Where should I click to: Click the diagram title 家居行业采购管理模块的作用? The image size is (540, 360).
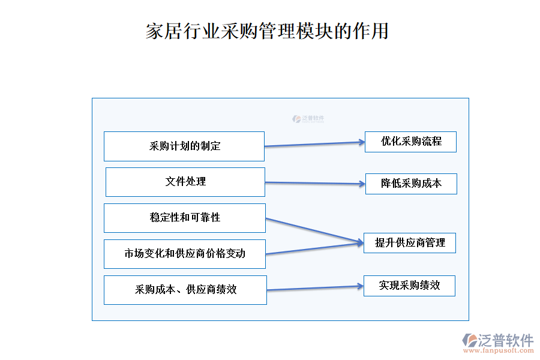pyautogui.click(x=267, y=31)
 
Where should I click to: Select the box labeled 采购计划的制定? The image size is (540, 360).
pyautogui.click(x=184, y=146)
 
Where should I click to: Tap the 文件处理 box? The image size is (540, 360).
pyautogui.click(x=185, y=182)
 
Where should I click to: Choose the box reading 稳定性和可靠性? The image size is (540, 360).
pyautogui.click(x=185, y=218)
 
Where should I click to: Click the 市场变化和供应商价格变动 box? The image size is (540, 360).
pyautogui.click(x=185, y=254)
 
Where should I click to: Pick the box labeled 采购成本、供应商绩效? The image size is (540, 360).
pyautogui.click(x=185, y=290)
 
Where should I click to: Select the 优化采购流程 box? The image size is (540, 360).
pyautogui.click(x=410, y=142)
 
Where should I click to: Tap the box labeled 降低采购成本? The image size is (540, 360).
pyautogui.click(x=411, y=184)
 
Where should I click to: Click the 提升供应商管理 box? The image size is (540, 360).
pyautogui.click(x=410, y=243)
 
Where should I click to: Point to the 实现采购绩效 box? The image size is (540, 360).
pyautogui.click(x=409, y=286)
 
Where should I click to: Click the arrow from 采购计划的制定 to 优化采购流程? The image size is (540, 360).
pyautogui.click(x=314, y=144)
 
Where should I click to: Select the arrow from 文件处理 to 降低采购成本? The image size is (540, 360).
pyautogui.click(x=315, y=183)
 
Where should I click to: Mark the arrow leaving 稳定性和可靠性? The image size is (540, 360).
pyautogui.click(x=314, y=230)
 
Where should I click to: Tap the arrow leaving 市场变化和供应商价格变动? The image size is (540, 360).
pyautogui.click(x=314, y=248)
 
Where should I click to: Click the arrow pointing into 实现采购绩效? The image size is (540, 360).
pyautogui.click(x=315, y=289)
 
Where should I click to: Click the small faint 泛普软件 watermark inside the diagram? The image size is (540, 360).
pyautogui.click(x=308, y=119)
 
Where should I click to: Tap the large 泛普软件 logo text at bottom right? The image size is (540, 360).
pyautogui.click(x=505, y=340)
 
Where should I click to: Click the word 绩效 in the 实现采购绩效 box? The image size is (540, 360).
pyautogui.click(x=430, y=286)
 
